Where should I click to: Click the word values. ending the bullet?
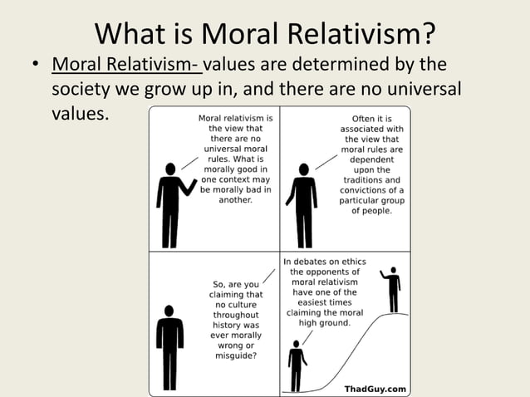80,112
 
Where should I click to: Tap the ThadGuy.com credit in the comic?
375,388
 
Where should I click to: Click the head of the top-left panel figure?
171,169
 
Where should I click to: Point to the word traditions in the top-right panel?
370,179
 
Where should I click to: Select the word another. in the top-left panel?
235,200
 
